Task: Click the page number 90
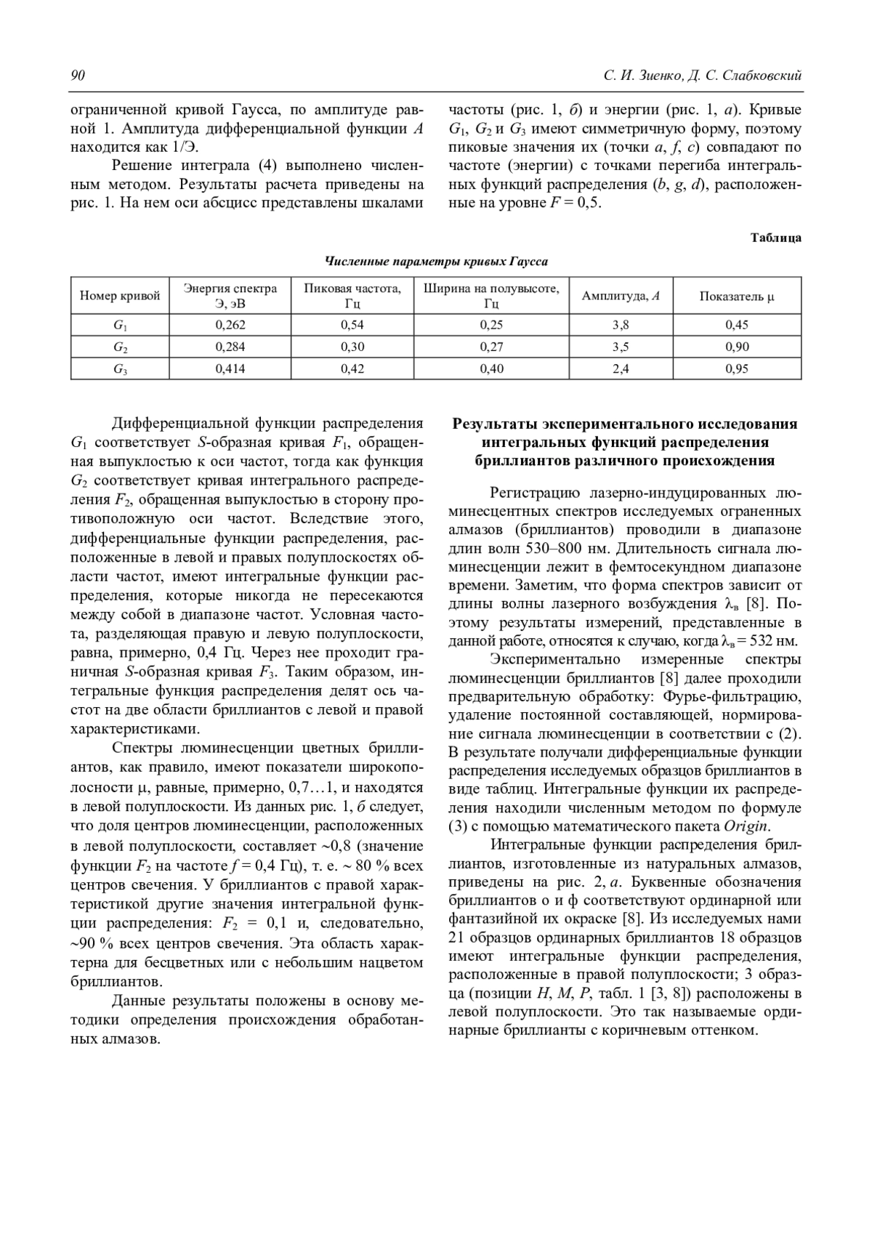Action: (78, 76)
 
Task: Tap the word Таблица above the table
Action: (775, 238)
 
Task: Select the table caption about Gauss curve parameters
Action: (436, 262)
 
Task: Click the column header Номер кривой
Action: (120, 296)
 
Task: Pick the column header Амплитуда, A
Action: (621, 296)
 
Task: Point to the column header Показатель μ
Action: (737, 296)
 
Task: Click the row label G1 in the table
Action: (120, 325)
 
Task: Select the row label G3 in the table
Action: (120, 368)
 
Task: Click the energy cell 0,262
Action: (230, 325)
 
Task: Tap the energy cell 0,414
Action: (230, 368)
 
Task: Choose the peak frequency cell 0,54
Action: (352, 325)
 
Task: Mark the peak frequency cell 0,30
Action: (352, 347)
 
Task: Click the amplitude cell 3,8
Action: (621, 325)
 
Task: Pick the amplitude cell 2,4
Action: (621, 368)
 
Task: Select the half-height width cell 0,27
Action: (491, 347)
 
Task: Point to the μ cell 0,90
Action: (737, 347)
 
